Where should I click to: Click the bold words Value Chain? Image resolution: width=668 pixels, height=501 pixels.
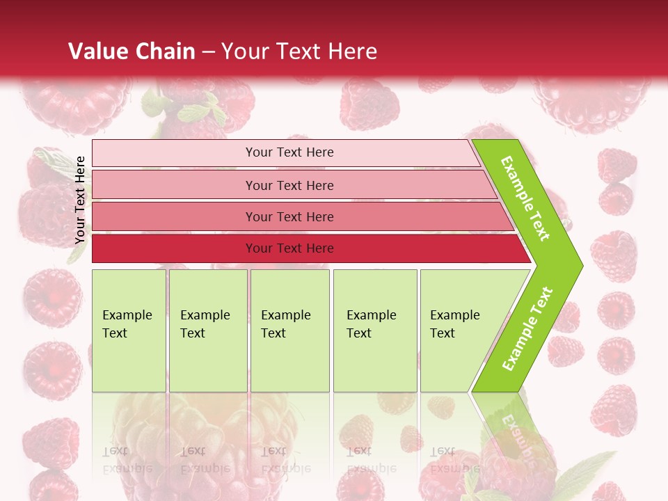tap(132, 51)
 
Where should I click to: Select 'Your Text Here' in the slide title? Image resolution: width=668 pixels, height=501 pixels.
tap(299, 51)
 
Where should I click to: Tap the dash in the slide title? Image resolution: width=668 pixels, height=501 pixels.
tap(208, 52)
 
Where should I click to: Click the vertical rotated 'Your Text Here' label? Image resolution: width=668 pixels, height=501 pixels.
tap(80, 200)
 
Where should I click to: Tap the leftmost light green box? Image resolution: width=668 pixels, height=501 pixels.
tap(129, 331)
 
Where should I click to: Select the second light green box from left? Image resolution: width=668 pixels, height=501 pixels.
tap(207, 331)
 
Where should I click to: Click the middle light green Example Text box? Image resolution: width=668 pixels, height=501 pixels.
tap(289, 331)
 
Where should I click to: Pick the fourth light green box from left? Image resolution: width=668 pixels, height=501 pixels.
tap(375, 331)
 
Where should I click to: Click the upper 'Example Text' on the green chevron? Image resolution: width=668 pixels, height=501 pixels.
tap(525, 198)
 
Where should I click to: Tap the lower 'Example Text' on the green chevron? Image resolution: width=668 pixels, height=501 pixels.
tap(527, 328)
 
